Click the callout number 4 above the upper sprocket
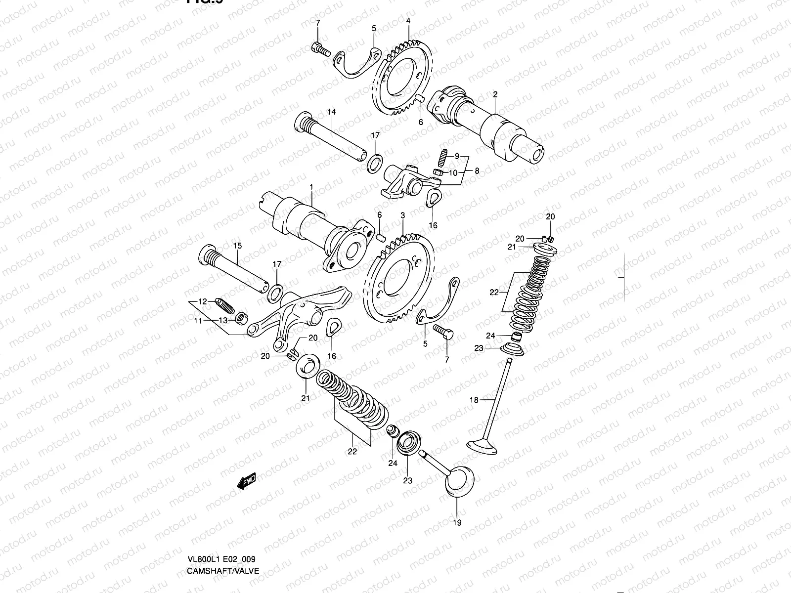click(408, 21)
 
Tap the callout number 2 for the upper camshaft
click(495, 94)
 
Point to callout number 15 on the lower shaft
click(237, 245)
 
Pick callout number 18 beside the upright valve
click(474, 400)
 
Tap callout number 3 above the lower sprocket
click(403, 216)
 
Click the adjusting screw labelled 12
click(224, 306)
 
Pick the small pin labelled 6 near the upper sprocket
click(420, 98)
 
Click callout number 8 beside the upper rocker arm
click(477, 171)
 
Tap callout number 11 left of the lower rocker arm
click(198, 321)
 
